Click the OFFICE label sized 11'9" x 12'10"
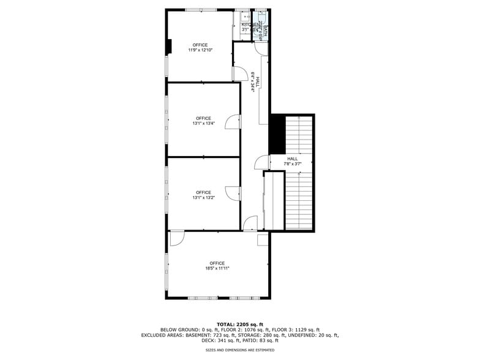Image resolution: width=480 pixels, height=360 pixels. click(x=200, y=48)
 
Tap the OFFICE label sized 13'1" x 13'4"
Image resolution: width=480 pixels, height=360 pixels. click(x=203, y=121)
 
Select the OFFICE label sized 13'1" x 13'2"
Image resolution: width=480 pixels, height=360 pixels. click(x=203, y=195)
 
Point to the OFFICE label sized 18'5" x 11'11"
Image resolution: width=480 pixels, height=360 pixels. click(x=217, y=266)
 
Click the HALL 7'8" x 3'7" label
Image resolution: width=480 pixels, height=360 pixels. click(x=292, y=161)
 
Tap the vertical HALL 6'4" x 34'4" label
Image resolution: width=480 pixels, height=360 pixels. click(x=255, y=82)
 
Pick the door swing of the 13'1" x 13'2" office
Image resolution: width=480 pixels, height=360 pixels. click(x=233, y=193)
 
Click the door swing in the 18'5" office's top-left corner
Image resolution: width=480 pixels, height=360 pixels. click(x=177, y=239)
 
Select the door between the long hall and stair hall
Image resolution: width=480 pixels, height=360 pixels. click(x=262, y=162)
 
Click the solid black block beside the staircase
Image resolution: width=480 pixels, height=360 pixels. click(x=277, y=134)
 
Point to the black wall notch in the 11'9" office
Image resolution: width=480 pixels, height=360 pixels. click(x=170, y=47)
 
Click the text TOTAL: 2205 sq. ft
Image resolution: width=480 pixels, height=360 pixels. click(x=239, y=324)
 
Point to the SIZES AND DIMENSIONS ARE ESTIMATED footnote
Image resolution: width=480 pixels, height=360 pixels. click(x=239, y=350)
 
